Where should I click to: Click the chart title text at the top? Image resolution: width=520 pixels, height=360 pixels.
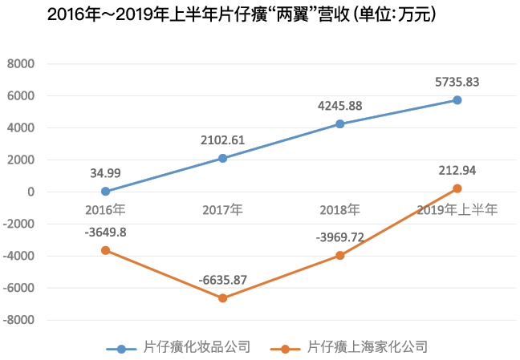242,14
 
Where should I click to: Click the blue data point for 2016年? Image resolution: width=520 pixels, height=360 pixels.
105,192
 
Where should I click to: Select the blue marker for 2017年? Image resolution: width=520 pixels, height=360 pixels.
222,158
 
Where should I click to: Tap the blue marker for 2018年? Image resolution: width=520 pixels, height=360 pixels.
340,123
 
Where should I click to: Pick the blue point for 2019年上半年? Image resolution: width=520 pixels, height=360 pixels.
457,100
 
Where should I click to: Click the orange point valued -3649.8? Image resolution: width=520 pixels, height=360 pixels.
105,250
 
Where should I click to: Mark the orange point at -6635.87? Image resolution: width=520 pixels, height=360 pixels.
222,298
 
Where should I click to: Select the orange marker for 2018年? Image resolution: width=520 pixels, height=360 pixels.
340,255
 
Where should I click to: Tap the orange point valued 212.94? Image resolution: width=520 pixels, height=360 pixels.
457,188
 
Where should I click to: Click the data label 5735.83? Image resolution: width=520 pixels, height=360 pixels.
457,81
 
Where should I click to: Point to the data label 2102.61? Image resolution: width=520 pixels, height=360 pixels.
222,140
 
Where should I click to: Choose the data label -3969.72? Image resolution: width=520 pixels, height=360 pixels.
340,236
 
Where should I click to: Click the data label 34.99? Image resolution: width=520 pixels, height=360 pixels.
105,173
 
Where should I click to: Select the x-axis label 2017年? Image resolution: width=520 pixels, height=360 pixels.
222,210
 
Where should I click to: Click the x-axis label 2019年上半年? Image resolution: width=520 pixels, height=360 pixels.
457,210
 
